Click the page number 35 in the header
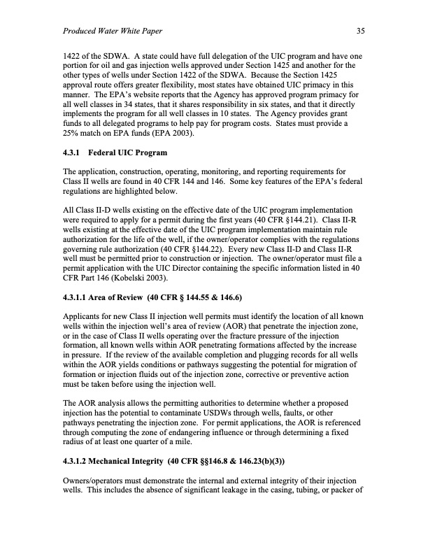point(360,31)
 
